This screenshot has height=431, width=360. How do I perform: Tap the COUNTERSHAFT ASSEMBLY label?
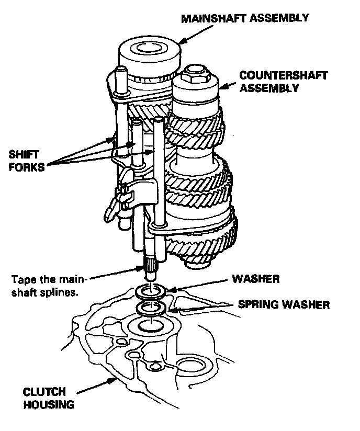[x=283, y=82]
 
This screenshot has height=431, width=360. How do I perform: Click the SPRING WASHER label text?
[x=284, y=304]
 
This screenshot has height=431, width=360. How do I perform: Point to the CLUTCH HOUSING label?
[x=44, y=398]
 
